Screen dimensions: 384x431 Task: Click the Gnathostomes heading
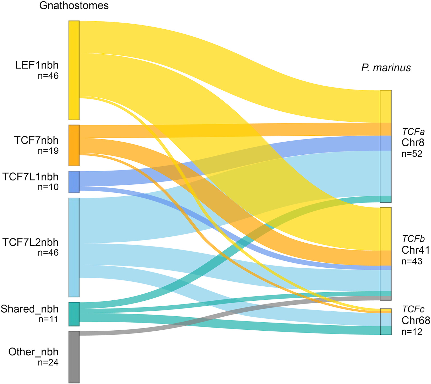tap(74, 5)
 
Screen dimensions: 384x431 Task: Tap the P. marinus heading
tap(386, 68)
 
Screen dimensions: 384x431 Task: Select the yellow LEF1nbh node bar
tap(74, 70)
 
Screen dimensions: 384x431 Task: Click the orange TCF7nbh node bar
tap(74, 145)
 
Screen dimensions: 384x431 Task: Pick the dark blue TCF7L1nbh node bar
tap(74, 182)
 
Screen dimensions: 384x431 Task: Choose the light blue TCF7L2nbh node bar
tap(74, 247)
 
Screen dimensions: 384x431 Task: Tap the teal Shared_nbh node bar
tap(74, 314)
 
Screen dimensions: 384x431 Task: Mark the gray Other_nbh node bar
tap(74, 357)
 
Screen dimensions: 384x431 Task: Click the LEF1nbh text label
tap(37, 65)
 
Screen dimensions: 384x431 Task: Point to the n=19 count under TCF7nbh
tap(48, 151)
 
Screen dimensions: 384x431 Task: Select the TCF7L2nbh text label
tap(31, 242)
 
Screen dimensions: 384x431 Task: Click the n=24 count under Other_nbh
tap(48, 362)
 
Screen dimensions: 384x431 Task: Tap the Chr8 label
tap(413, 143)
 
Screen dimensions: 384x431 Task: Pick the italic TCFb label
tap(413, 239)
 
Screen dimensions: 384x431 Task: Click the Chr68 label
tap(416, 320)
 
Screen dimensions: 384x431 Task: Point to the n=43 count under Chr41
tap(412, 261)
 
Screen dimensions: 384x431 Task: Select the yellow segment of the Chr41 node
tap(386, 229)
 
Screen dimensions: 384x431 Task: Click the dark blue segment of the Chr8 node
tap(386, 143)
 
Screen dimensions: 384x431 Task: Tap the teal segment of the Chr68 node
tap(386, 330)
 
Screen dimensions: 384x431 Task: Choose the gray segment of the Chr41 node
tap(386, 298)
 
